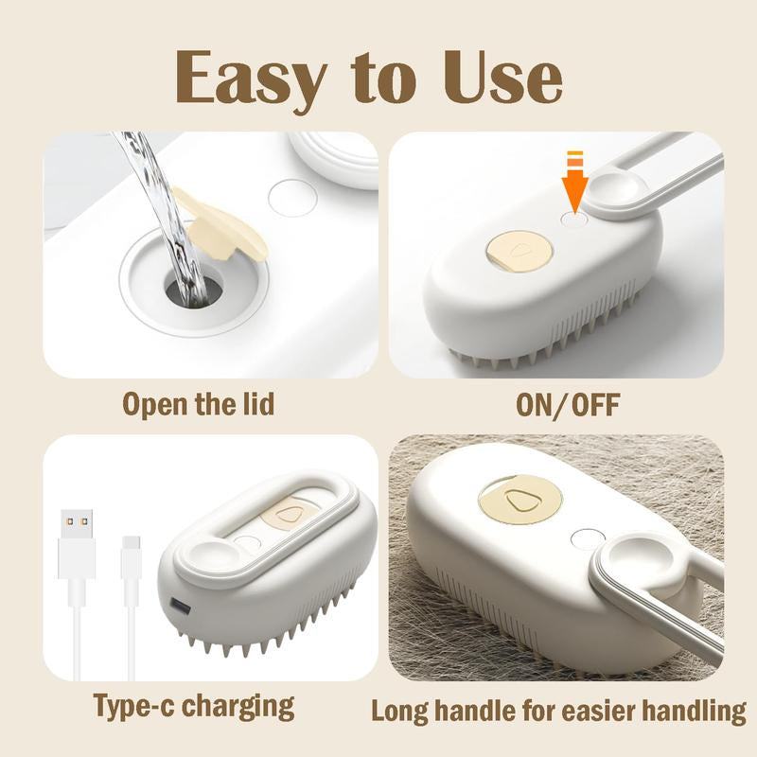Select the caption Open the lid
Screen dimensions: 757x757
[x=198, y=404]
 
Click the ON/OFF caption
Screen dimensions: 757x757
[x=568, y=404]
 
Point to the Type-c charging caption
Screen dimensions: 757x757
[x=193, y=705]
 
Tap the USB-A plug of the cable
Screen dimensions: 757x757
[x=77, y=544]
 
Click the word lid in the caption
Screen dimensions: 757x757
[x=255, y=404]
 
